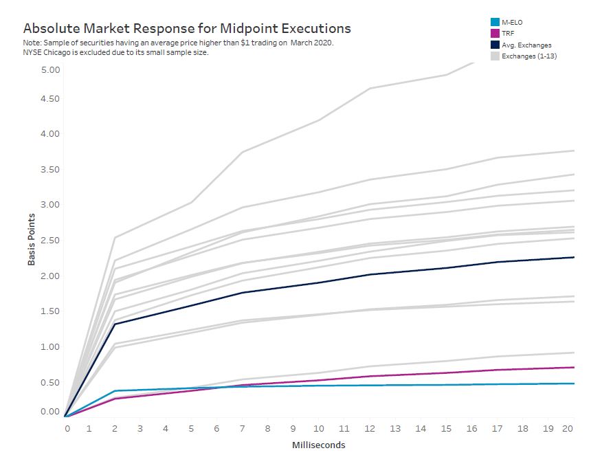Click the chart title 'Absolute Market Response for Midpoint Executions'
(x=187, y=28)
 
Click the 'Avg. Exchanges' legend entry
(x=526, y=45)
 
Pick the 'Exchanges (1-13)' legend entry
(x=528, y=56)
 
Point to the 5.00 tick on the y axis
(x=51, y=70)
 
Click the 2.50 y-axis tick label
(x=51, y=240)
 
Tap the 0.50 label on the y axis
(x=51, y=382)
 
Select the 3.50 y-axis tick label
(x=51, y=169)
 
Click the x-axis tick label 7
(x=242, y=429)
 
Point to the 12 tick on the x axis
(x=370, y=429)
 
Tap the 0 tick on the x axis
(x=67, y=429)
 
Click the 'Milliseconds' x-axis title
(x=318, y=445)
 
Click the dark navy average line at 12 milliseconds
(x=370, y=274)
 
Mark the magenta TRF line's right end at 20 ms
(x=574, y=367)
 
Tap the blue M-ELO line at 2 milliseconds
(x=115, y=391)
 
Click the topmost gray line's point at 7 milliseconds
(x=243, y=152)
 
